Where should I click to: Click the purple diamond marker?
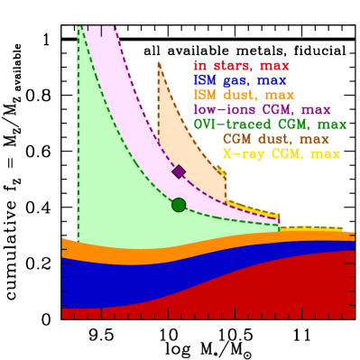[x=179, y=171]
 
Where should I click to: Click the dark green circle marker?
[x=179, y=205]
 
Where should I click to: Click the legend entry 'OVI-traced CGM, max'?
[x=269, y=124]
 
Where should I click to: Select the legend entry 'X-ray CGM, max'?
[x=281, y=154]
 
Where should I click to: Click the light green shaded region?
[x=108, y=180]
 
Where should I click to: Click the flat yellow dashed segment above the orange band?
[x=311, y=227]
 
